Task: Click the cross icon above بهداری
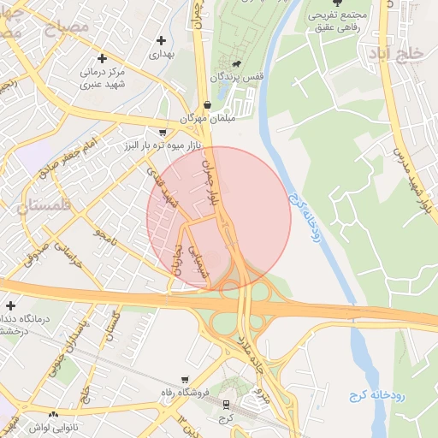pyautogui.click(x=161, y=40)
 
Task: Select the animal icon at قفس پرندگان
pyautogui.click(x=232, y=64)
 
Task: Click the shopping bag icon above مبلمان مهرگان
pyautogui.click(x=207, y=104)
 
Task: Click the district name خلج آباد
pyautogui.click(x=396, y=54)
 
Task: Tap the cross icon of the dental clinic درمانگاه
pyautogui.click(x=10, y=305)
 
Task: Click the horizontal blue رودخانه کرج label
pyautogui.click(x=376, y=395)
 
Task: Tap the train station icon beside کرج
pyautogui.click(x=226, y=404)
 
